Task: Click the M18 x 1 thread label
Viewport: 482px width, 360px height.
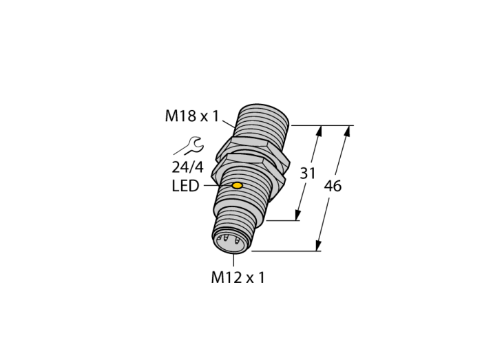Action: click(192, 116)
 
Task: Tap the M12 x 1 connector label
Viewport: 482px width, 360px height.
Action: click(238, 277)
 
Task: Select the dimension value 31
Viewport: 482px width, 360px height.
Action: click(307, 173)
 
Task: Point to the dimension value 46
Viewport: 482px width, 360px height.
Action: click(333, 186)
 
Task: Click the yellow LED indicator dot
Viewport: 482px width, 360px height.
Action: click(237, 186)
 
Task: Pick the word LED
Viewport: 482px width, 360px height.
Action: click(185, 186)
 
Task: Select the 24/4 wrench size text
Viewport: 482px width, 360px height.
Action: click(187, 167)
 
